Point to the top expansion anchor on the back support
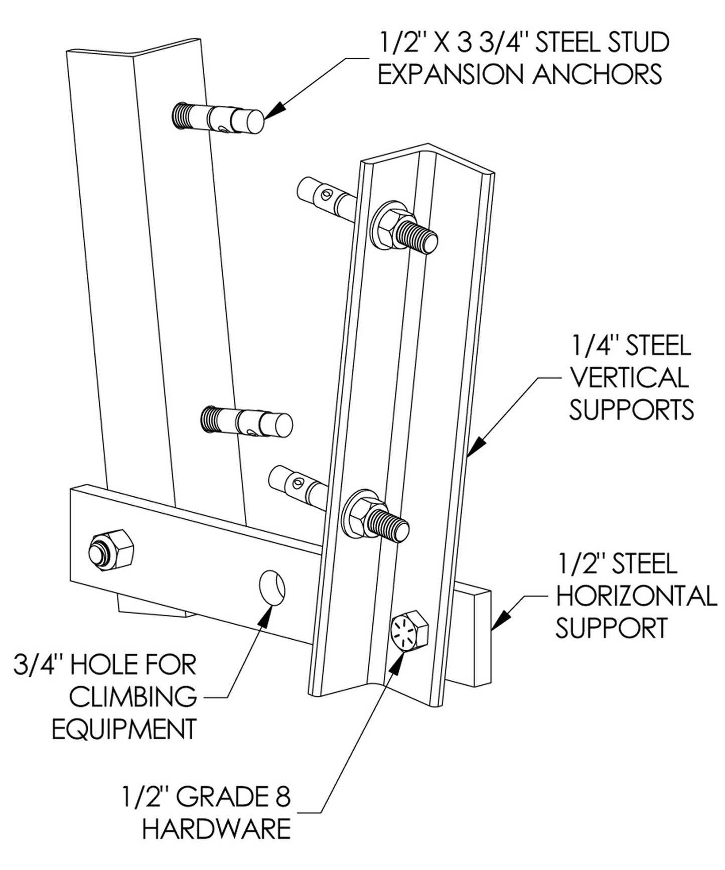click(x=218, y=119)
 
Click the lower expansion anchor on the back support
click(x=246, y=421)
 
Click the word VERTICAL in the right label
click(x=629, y=378)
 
